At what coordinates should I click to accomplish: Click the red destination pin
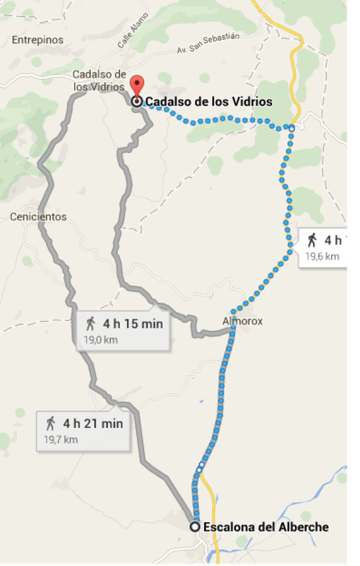click(x=137, y=85)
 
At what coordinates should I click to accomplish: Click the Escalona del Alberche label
click(x=265, y=527)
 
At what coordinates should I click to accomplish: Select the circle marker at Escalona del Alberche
click(x=196, y=527)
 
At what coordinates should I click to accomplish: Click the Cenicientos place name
click(x=38, y=216)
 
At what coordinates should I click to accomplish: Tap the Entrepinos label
click(x=38, y=39)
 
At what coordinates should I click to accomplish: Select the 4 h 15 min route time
click(x=133, y=323)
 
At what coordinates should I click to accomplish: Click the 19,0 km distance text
click(x=99, y=339)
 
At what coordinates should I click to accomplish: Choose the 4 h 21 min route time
click(x=93, y=424)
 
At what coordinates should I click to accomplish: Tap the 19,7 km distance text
click(x=60, y=440)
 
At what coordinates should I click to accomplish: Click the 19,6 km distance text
click(x=322, y=256)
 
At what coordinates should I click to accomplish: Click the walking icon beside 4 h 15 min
click(x=91, y=323)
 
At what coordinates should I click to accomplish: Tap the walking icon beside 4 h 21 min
click(x=51, y=424)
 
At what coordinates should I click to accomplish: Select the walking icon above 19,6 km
click(x=312, y=240)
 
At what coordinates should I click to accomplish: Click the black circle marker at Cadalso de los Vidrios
click(x=137, y=101)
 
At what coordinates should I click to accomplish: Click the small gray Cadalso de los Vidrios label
click(x=99, y=81)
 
